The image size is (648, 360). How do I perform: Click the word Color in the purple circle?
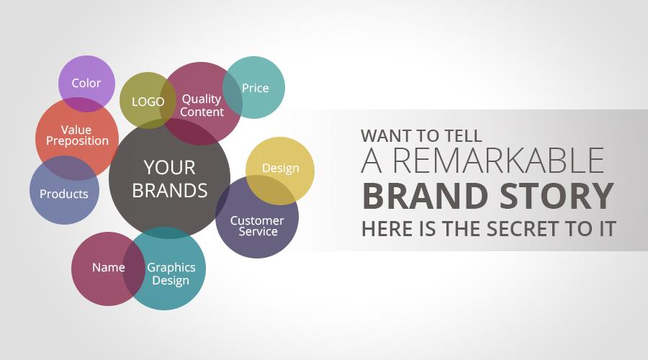(86, 83)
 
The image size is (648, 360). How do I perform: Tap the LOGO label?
(148, 102)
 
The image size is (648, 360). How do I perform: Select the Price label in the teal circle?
(255, 88)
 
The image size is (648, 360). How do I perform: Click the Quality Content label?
(202, 105)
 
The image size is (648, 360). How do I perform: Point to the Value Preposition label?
(77, 135)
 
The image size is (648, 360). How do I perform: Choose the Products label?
(64, 194)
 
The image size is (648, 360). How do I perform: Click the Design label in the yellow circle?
(281, 168)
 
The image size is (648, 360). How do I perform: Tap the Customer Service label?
(257, 225)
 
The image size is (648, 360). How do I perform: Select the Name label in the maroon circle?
(108, 267)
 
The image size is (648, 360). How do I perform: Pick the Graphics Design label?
(171, 274)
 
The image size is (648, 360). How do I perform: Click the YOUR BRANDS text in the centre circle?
(170, 179)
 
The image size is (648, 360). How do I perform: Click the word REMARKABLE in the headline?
(498, 161)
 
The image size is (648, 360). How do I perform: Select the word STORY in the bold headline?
(557, 196)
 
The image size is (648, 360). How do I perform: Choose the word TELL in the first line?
(463, 136)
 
